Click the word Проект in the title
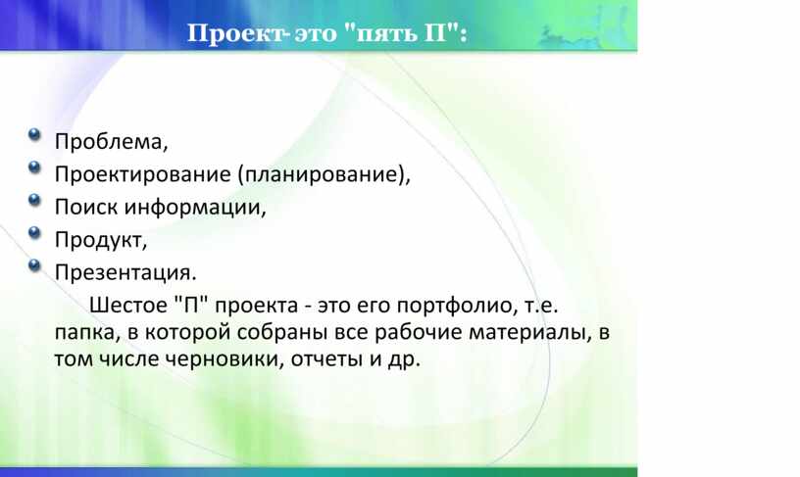[x=235, y=33]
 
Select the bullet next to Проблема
[x=34, y=134]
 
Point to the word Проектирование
[x=143, y=174]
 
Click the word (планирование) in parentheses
[x=322, y=174]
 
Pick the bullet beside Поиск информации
[x=34, y=200]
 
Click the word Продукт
[x=98, y=240]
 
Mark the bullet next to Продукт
[x=34, y=232]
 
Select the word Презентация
[x=123, y=272]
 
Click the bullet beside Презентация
[x=34, y=265]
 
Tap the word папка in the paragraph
[x=84, y=333]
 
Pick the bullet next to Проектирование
[x=34, y=167]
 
